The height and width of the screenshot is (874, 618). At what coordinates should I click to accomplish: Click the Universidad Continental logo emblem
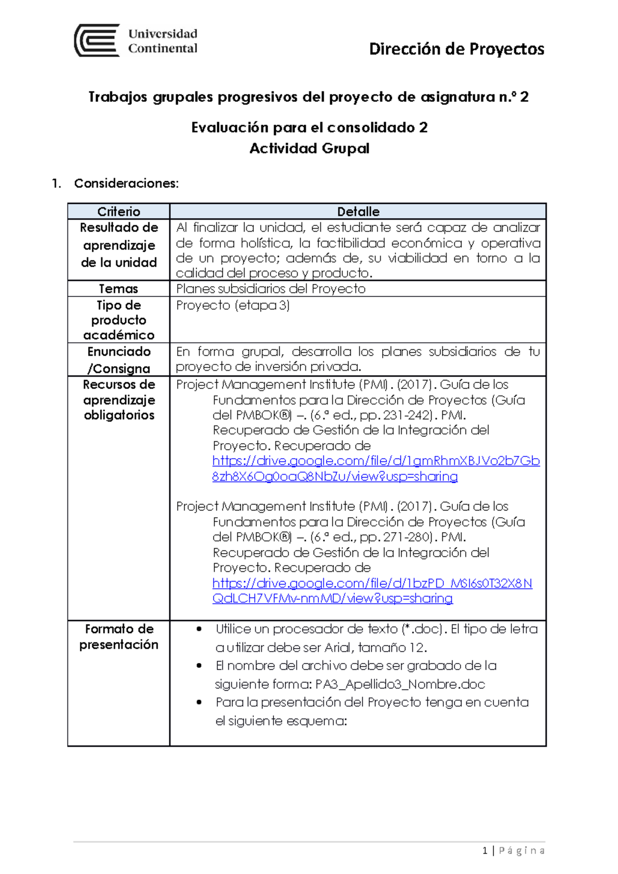97,40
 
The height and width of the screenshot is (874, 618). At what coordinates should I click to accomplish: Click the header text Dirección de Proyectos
456,49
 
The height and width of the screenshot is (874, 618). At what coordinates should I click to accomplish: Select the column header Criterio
118,212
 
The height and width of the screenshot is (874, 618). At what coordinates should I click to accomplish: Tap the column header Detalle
358,212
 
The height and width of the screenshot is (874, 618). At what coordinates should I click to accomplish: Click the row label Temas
118,289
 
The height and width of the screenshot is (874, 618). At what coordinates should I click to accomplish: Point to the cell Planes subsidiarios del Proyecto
270,289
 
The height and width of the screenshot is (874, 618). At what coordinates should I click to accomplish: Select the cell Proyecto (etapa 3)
233,305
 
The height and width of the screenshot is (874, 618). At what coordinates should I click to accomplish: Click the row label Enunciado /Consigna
118,360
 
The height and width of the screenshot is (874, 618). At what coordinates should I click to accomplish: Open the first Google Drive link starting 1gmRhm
375,461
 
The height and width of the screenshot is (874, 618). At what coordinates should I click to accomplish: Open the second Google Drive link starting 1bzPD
372,583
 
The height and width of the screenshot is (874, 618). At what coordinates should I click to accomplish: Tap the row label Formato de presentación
118,637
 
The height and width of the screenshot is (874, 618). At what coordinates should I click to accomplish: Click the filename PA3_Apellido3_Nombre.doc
400,684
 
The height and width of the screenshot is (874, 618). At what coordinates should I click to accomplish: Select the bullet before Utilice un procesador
199,629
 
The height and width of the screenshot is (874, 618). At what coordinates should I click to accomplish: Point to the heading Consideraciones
126,183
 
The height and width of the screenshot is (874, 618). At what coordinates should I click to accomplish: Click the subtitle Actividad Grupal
309,149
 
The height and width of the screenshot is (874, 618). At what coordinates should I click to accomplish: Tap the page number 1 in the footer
485,850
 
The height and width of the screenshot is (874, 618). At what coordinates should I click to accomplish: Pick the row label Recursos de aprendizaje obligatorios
118,400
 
